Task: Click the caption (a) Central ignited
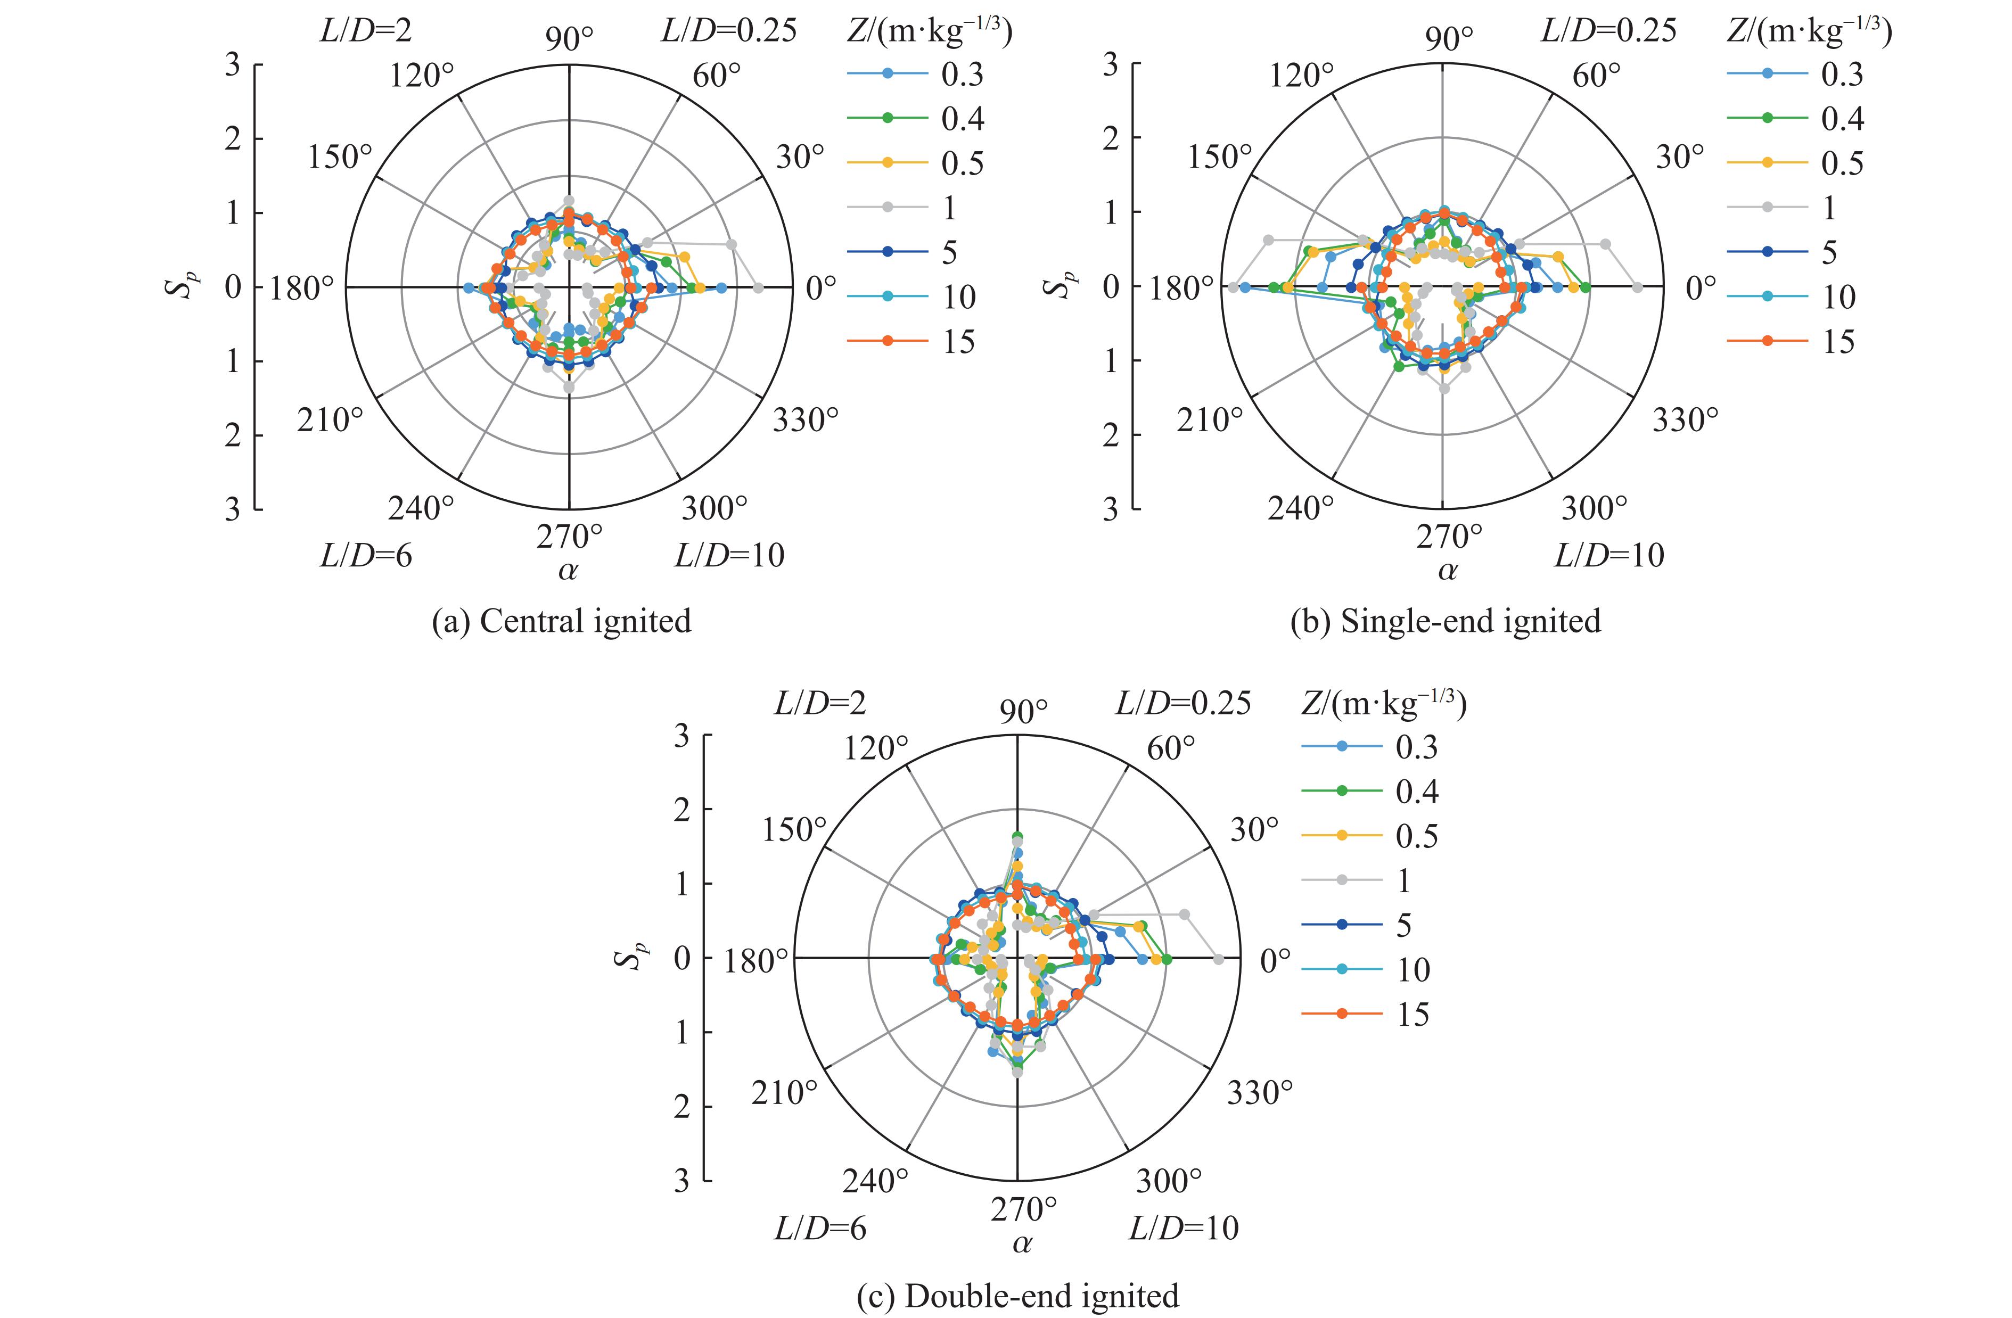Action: tap(561, 621)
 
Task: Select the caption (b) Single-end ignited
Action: tap(1446, 621)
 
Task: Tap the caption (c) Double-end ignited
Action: tap(1018, 1295)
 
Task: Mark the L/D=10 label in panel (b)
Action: tap(1609, 555)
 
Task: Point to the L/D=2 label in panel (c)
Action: tap(820, 703)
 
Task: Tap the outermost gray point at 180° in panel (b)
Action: tap(1234, 287)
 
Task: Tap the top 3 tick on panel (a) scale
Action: tap(233, 64)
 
